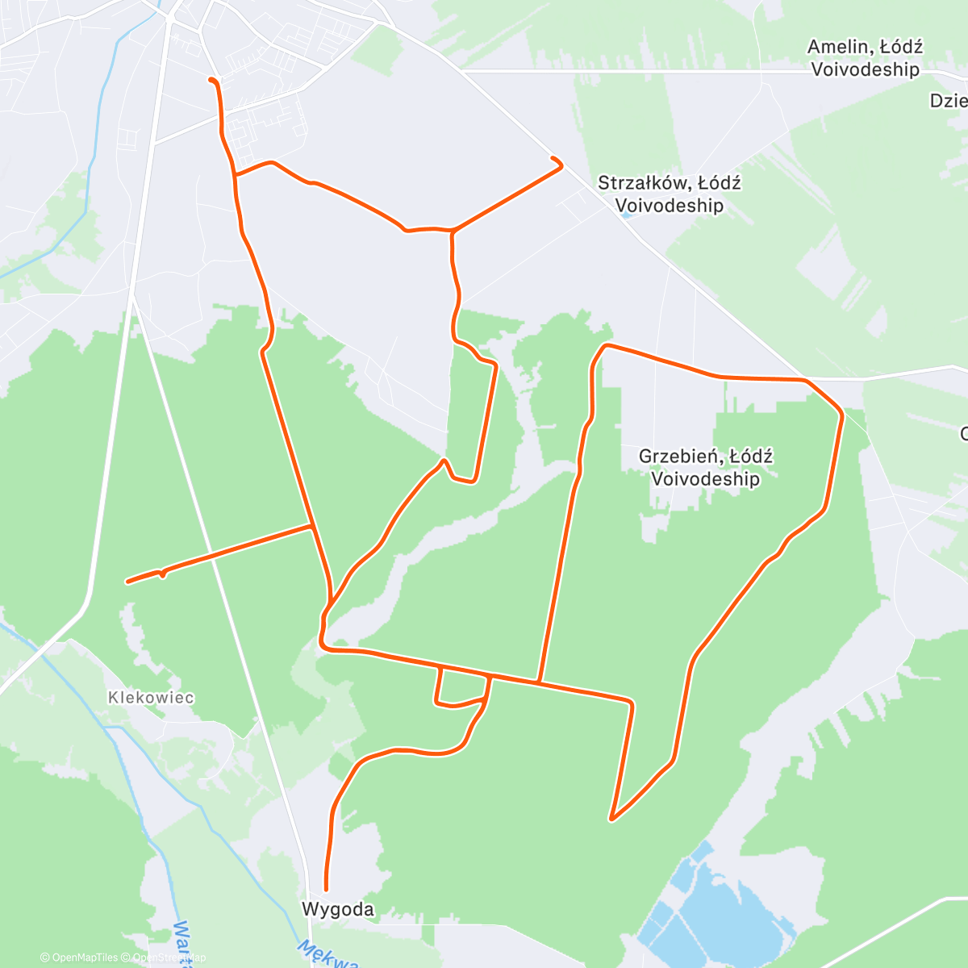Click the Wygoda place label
[337, 909]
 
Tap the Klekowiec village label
[151, 698]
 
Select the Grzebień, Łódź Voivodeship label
[705, 468]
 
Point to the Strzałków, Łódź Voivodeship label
[669, 194]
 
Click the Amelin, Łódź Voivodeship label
[865, 58]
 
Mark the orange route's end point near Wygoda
[326, 888]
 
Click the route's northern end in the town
[211, 80]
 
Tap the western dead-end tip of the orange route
[127, 581]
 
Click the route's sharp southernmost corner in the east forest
[612, 819]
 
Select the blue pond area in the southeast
[710, 912]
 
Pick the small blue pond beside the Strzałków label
[625, 215]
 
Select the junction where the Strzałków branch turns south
[453, 232]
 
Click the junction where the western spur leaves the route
[312, 526]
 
